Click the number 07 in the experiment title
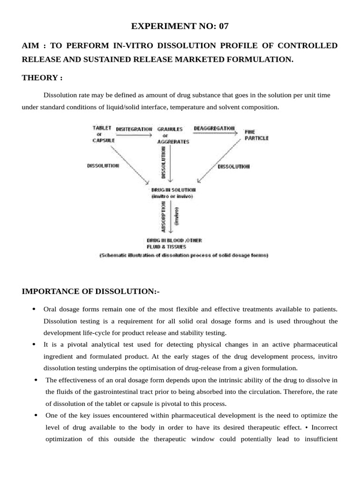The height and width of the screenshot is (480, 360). (x=223, y=26)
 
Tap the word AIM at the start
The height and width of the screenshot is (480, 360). (x=31, y=45)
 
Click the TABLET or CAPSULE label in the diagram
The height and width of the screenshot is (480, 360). (x=103, y=134)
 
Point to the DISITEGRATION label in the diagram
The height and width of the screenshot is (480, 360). (x=134, y=129)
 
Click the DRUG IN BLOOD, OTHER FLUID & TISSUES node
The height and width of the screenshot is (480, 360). (x=174, y=243)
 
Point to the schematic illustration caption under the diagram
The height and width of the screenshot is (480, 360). (x=183, y=256)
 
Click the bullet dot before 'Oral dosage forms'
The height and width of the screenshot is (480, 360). (x=34, y=309)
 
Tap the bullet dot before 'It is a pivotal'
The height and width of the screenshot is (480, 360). (x=34, y=344)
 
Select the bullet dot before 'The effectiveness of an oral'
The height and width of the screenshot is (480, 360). (x=36, y=379)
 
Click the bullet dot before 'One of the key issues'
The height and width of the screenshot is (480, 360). (x=36, y=415)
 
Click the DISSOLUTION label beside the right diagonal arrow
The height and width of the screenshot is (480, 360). (x=234, y=167)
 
